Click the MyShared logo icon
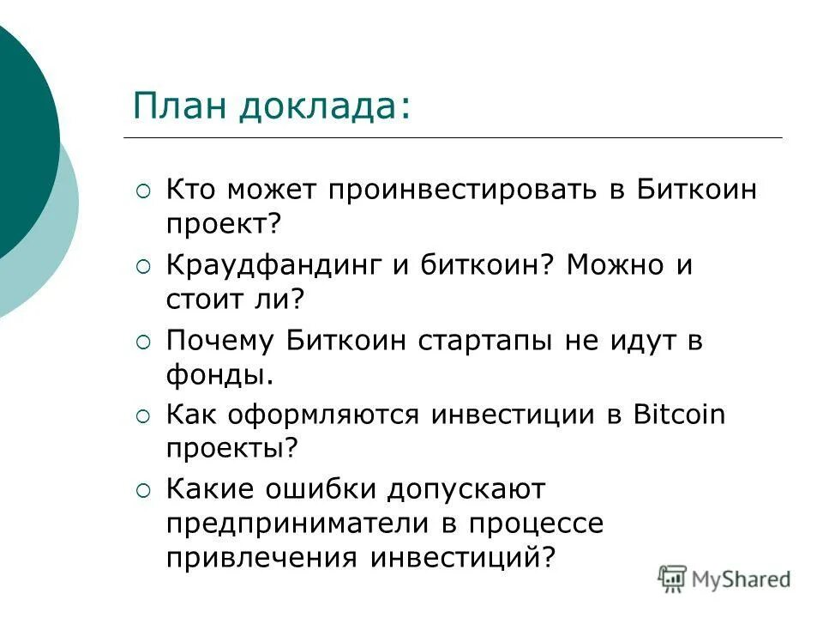coord(672,579)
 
